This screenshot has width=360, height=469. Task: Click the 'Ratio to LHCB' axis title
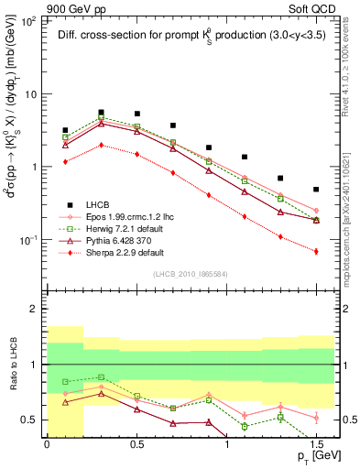click(12, 378)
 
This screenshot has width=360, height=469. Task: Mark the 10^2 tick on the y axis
click(29, 21)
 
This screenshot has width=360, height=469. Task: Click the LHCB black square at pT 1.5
click(316, 190)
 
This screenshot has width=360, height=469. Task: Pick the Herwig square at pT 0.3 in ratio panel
click(102, 376)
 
